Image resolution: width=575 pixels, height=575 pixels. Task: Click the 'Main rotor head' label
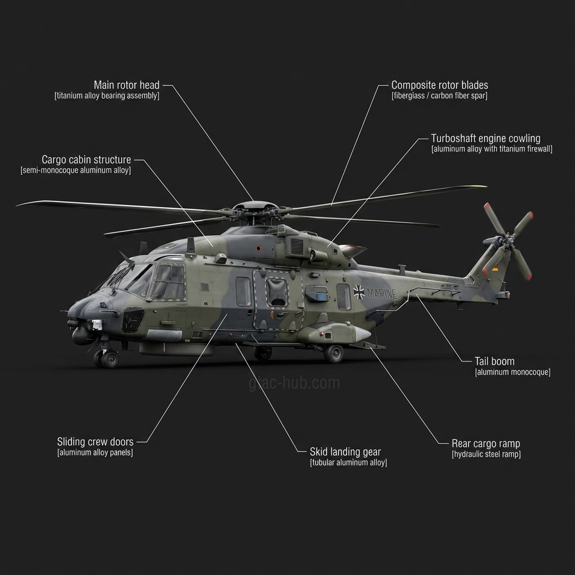coord(126,85)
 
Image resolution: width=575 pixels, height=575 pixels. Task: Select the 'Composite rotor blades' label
coord(440,85)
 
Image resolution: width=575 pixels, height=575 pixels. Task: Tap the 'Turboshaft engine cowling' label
coord(486,138)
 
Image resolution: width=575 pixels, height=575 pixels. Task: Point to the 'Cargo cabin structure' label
coord(86,160)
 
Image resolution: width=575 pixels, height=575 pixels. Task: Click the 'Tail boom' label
coord(494,362)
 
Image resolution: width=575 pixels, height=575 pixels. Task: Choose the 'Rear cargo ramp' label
coord(486,444)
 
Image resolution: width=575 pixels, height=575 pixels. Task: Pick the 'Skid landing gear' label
coord(345,452)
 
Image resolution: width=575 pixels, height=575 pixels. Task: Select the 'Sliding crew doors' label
coord(95,442)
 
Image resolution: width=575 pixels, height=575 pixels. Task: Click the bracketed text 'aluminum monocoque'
coord(513,372)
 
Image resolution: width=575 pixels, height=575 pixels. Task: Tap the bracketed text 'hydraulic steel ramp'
coord(486,454)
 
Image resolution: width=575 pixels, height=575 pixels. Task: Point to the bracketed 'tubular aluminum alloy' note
coord(348,463)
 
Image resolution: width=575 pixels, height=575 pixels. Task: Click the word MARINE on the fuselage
coord(383,294)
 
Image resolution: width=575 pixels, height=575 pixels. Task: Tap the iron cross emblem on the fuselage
coord(359,291)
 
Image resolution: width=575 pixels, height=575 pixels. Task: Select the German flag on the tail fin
coord(495,268)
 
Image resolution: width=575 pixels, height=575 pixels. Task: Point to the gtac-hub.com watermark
coord(294,384)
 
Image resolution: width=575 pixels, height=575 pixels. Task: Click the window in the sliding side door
coord(277,293)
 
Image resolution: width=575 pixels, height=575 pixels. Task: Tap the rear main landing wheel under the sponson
coord(334,354)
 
